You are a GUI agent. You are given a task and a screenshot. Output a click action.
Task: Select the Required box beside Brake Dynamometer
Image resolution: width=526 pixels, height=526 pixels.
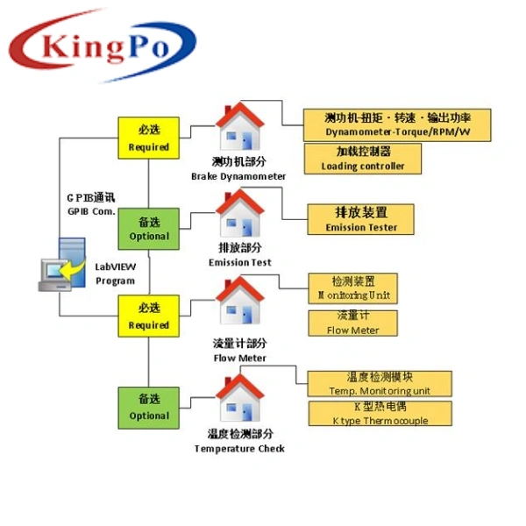tap(148, 138)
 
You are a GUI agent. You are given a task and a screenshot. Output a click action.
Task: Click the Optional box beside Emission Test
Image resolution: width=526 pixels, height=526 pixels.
tap(148, 228)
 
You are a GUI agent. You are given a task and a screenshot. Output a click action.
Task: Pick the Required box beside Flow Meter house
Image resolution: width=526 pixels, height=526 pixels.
tap(148, 316)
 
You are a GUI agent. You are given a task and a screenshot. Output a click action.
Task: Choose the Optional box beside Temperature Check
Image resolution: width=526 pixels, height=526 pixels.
tap(148, 407)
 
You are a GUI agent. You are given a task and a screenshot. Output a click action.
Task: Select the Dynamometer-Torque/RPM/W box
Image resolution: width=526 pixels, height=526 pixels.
tap(397, 124)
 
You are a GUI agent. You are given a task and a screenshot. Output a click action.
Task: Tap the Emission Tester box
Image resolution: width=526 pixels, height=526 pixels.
tap(361, 219)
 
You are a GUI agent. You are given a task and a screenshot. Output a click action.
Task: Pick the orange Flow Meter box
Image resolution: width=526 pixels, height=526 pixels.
tap(353, 323)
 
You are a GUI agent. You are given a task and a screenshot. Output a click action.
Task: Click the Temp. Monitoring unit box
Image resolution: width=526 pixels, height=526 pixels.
tap(379, 383)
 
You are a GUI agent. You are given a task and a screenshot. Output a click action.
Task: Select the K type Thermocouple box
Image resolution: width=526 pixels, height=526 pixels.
tap(380, 414)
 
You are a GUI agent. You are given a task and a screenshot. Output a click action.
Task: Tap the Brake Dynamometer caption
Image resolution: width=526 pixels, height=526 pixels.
tap(238, 169)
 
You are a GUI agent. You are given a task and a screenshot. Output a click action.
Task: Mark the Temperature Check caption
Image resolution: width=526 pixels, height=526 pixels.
tap(239, 441)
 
